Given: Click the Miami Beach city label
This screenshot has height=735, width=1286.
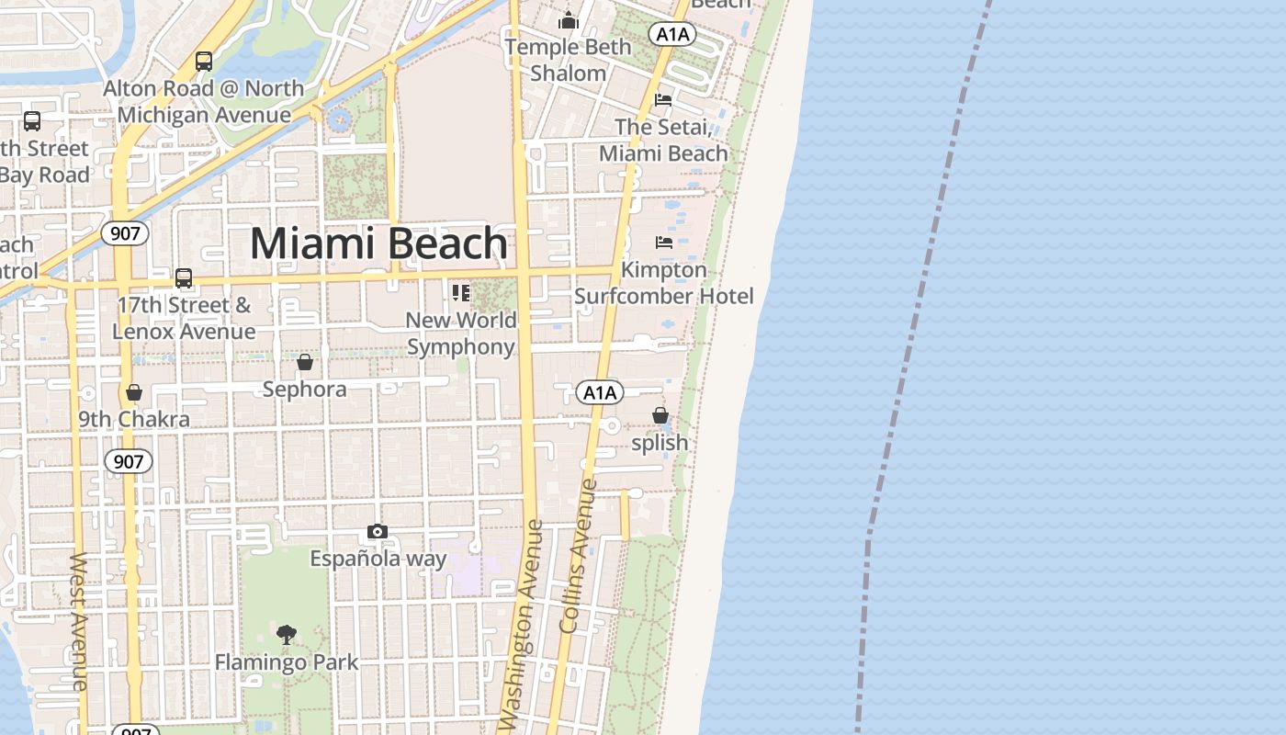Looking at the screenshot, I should (378, 243).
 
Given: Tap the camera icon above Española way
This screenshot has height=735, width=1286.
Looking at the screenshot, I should (377, 531).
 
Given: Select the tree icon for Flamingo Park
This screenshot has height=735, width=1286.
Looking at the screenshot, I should (287, 634).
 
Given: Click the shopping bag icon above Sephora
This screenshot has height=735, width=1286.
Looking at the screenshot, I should (305, 362).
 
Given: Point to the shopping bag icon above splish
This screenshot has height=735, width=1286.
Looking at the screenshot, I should (660, 415).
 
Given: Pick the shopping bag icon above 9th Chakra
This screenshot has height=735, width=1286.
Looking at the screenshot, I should (134, 392).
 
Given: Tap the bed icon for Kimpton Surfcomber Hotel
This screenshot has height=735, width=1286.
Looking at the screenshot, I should (663, 243).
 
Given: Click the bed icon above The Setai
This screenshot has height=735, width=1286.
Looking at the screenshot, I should (663, 99).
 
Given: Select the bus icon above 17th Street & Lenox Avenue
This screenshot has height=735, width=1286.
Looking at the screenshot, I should (184, 277).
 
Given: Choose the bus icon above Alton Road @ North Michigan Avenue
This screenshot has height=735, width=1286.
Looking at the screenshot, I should (204, 62).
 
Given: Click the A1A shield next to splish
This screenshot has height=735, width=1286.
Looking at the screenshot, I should (600, 393).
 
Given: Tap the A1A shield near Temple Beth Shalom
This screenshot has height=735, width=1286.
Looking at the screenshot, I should (672, 35).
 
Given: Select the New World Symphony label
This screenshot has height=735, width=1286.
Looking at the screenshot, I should (461, 334).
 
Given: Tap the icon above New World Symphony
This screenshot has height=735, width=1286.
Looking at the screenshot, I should (460, 293).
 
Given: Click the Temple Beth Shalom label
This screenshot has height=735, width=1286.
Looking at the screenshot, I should (568, 60).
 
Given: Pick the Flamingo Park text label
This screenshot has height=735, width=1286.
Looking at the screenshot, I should (287, 661).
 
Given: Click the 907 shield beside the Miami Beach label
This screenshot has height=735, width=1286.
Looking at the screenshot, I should (125, 233).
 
